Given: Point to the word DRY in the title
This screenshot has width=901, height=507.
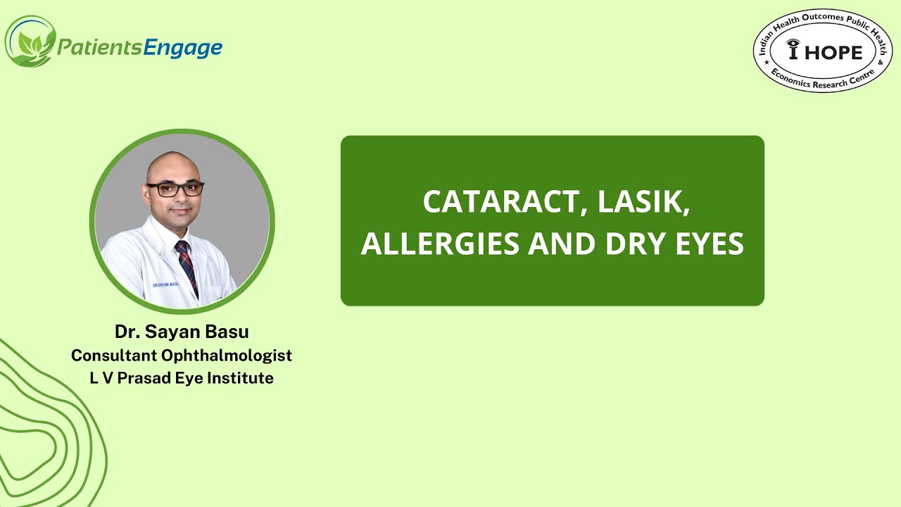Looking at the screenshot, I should [x=626, y=244].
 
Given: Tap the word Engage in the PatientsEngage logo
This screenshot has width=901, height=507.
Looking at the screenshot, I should [x=182, y=47].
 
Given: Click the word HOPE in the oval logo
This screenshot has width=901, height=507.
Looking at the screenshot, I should [x=836, y=51].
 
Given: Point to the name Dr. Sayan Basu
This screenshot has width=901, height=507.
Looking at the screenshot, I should [x=182, y=331].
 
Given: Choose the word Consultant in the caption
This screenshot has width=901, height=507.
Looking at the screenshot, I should [x=113, y=355].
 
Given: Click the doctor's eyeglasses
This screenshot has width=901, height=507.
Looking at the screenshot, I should [x=175, y=189].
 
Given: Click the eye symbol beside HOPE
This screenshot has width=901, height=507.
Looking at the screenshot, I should [x=793, y=49].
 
